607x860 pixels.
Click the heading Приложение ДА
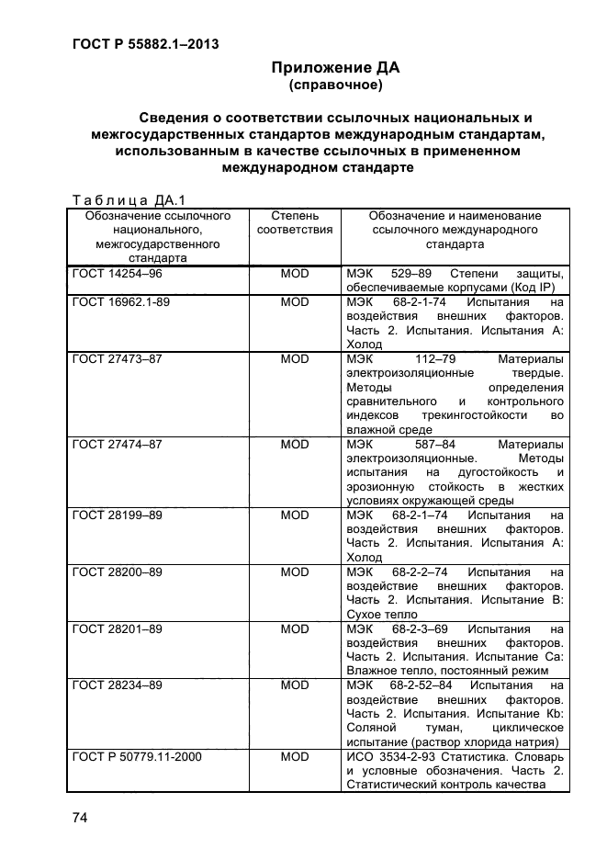[x=335, y=68]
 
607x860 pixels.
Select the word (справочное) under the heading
[x=335, y=85]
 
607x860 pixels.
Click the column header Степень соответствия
[x=295, y=223]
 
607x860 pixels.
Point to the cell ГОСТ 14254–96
[x=117, y=274]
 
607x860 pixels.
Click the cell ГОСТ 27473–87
[x=117, y=358]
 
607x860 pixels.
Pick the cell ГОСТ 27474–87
[x=117, y=444]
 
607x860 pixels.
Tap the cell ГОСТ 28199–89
[x=117, y=515]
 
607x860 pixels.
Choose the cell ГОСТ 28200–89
[x=117, y=572]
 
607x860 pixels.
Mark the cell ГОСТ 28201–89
[x=117, y=629]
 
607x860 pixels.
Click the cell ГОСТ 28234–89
[x=117, y=686]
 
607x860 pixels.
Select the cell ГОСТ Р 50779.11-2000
[x=137, y=757]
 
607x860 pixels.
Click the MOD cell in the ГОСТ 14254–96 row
[x=295, y=274]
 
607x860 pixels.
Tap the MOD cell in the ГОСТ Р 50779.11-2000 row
[x=295, y=757]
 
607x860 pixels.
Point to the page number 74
[x=79, y=818]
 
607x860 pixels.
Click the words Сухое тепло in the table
[x=382, y=615]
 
